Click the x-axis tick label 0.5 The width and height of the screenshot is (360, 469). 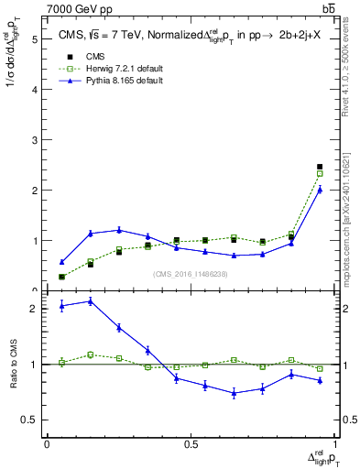[191, 444]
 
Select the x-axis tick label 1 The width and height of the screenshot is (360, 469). [334, 444]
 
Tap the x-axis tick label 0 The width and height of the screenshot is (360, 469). [47, 444]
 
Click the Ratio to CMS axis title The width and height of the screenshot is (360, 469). [13, 365]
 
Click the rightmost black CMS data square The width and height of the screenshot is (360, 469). [320, 167]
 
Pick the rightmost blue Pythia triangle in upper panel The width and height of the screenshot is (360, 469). [320, 190]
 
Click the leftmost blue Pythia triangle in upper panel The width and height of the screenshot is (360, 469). [61, 262]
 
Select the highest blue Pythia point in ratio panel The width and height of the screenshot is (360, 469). [91, 300]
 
